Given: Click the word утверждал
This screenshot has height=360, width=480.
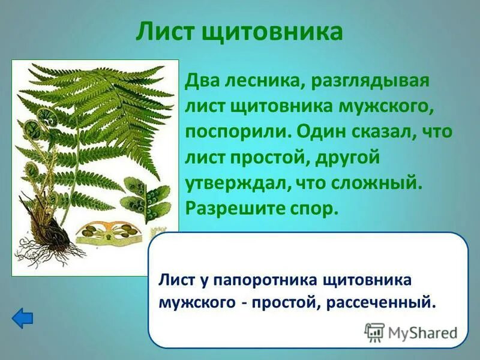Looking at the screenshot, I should tap(235, 183).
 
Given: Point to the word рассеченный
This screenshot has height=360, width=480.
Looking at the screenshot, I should tap(380, 302).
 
